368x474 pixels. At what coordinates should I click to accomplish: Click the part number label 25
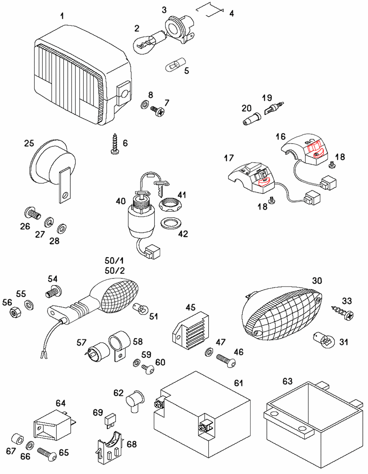tap(29, 143)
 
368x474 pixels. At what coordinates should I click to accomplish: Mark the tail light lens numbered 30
tap(282, 313)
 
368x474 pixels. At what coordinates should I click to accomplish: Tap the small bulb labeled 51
tap(139, 309)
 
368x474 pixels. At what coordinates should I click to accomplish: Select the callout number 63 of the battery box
tap(287, 381)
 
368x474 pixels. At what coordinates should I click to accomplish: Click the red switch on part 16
tap(315, 150)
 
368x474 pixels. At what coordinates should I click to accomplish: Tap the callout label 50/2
tap(115, 271)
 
